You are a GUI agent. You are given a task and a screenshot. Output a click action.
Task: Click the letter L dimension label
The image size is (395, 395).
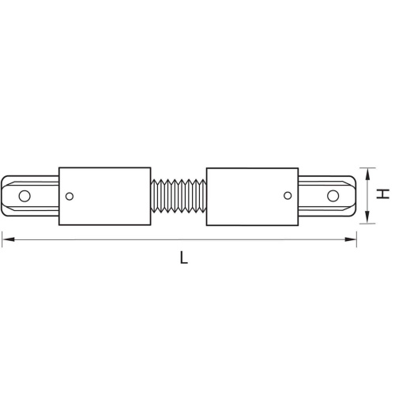pos(183,257)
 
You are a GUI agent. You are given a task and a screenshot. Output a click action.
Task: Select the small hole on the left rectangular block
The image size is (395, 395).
pos(70,196)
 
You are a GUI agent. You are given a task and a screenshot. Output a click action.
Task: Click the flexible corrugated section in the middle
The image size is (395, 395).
pos(178,194)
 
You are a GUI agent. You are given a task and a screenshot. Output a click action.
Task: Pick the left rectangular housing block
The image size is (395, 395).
pos(105,194)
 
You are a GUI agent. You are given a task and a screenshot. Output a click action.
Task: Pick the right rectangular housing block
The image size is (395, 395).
pos(251,194)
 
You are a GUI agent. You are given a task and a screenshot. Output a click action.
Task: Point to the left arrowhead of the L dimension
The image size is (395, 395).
pos(6,237)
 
